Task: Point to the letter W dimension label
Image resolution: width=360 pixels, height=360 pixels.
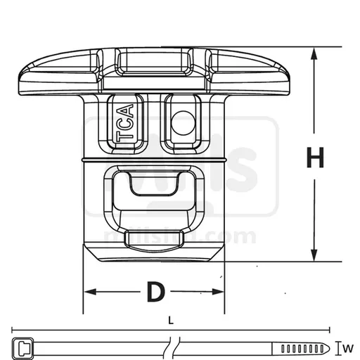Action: [349, 347]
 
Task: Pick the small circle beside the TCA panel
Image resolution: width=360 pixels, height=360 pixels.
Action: [181, 120]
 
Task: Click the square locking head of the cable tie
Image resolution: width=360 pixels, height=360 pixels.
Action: [22, 347]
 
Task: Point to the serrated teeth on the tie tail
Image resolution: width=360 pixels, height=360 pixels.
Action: [299, 347]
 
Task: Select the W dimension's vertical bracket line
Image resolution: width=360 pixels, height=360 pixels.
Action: [338, 347]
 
